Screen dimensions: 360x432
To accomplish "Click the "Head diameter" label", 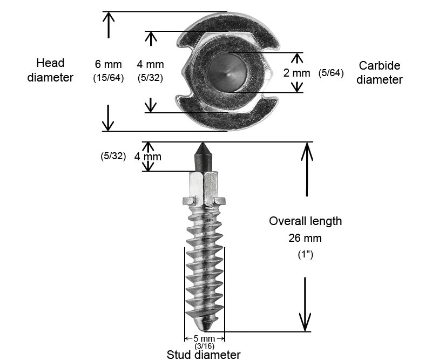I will pos(55,70).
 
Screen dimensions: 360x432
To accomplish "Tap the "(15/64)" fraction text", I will pos(109,78).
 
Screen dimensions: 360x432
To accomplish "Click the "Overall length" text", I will pos(305,221).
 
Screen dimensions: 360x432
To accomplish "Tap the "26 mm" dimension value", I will pos(306,237).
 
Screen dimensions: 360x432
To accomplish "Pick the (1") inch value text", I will pos(306,254).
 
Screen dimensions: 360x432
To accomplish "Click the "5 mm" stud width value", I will pos(204,339).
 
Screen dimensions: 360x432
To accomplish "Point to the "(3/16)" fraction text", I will pos(204,346).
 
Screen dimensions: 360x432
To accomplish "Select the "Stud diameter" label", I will pos(204,355).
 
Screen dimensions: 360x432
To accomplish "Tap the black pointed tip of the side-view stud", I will pos(204,154).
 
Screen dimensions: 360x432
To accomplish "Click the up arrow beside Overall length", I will pos(307,167).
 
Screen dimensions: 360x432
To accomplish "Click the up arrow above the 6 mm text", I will pos(109,24).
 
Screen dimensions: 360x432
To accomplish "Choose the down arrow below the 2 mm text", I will pos(296,87).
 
